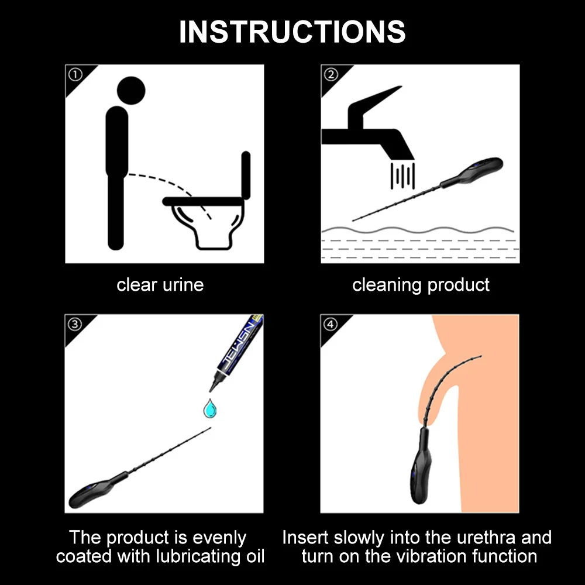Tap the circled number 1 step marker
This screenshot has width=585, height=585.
click(x=75, y=74)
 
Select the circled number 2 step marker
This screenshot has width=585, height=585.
click(x=331, y=74)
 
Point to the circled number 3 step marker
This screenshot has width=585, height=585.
click(x=75, y=324)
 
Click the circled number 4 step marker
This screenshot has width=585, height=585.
click(x=331, y=324)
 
